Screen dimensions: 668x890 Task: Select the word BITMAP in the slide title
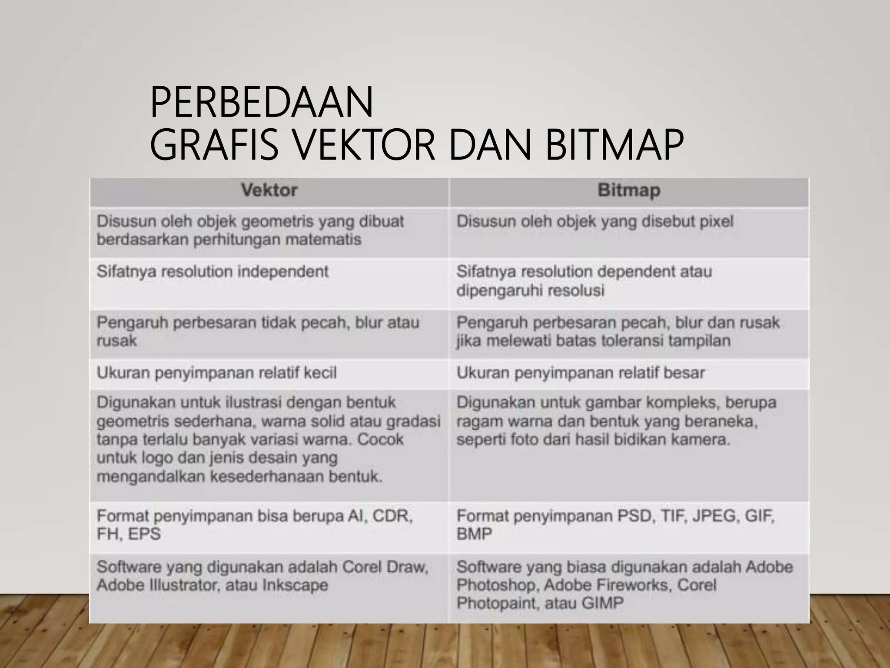pyautogui.click(x=614, y=144)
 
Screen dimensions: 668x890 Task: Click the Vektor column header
pyautogui.click(x=269, y=190)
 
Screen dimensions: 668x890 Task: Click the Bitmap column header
pyautogui.click(x=629, y=190)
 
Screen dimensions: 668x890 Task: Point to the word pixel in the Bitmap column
pyautogui.click(x=716, y=222)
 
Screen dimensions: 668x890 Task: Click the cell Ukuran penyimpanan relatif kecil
pyautogui.click(x=216, y=373)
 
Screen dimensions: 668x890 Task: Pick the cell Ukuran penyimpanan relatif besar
pyautogui.click(x=581, y=373)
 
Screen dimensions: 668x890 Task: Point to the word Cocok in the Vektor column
pyautogui.click(x=380, y=440)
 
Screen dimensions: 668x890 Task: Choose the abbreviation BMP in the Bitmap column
pyautogui.click(x=474, y=534)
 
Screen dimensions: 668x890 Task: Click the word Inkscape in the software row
pyautogui.click(x=295, y=585)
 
